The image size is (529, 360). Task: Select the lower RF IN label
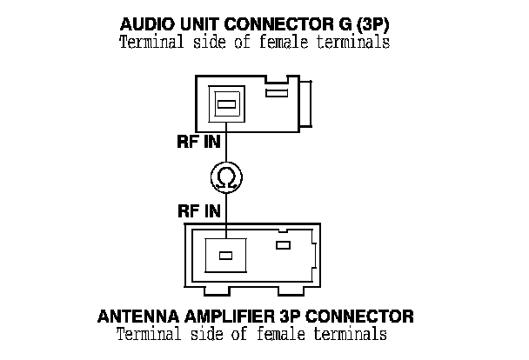[196, 210]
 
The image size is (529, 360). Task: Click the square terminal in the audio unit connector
[226, 105]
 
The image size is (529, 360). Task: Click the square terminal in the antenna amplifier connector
[225, 256]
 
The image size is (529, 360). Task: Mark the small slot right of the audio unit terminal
[276, 92]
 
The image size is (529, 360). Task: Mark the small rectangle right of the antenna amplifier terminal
[282, 246]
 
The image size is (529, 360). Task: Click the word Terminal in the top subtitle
[148, 42]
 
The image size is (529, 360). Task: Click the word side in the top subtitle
[201, 42]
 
